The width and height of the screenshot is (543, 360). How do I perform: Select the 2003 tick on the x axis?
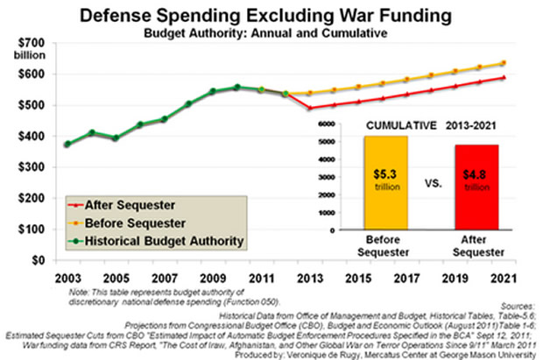click(67, 279)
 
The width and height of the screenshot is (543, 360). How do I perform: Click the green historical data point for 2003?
click(67, 145)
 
